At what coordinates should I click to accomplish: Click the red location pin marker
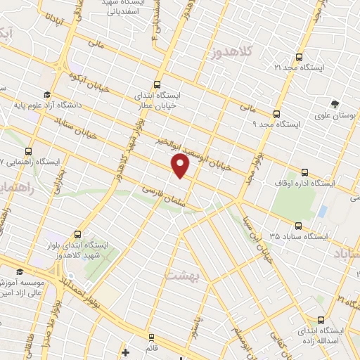[181, 167]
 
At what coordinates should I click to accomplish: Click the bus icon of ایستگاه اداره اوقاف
[303, 171]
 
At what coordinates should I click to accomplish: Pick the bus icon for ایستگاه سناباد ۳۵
[299, 226]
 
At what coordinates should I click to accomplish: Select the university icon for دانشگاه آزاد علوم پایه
[46, 95]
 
